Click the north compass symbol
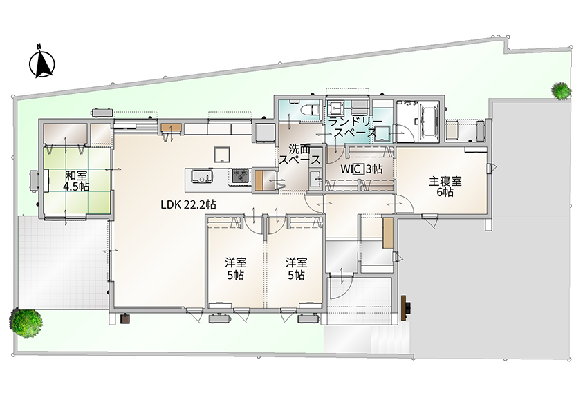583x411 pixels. [42, 61]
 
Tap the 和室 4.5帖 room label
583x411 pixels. [76, 181]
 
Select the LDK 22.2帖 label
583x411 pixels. [188, 204]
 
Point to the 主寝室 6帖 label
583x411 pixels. [445, 187]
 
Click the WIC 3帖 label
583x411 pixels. [362, 169]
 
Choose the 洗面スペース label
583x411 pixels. [299, 155]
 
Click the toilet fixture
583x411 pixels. [309, 110]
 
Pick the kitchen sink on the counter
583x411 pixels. [202, 176]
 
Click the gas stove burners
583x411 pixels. [241, 175]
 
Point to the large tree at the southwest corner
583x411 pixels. [27, 323]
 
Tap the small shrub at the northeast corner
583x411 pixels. [561, 90]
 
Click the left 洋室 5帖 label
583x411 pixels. [235, 269]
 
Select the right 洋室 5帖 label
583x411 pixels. [296, 269]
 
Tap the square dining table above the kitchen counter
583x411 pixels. [221, 155]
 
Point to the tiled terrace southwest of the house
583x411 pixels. [63, 262]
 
